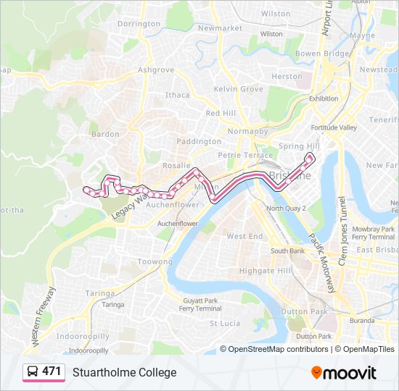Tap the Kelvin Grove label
238,89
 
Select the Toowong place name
156,261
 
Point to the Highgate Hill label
250,271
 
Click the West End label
244,237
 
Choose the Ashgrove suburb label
156,70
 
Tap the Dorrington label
139,24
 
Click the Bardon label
105,134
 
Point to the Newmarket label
219,28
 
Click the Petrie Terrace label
246,155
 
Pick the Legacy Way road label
130,205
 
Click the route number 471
52,371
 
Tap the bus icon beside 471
33,372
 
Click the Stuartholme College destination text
124,372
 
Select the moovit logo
344,372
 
